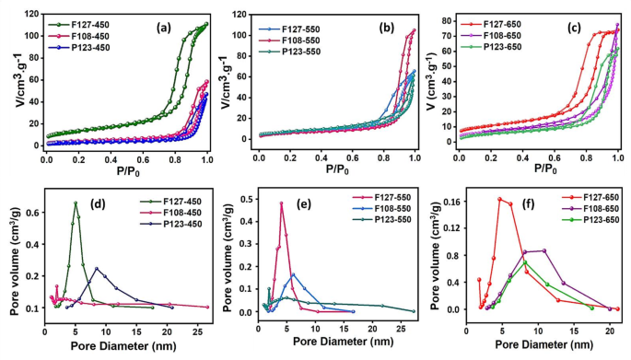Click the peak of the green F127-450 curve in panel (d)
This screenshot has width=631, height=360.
[x=76, y=203]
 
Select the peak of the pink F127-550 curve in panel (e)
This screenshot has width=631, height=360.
[x=281, y=203]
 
